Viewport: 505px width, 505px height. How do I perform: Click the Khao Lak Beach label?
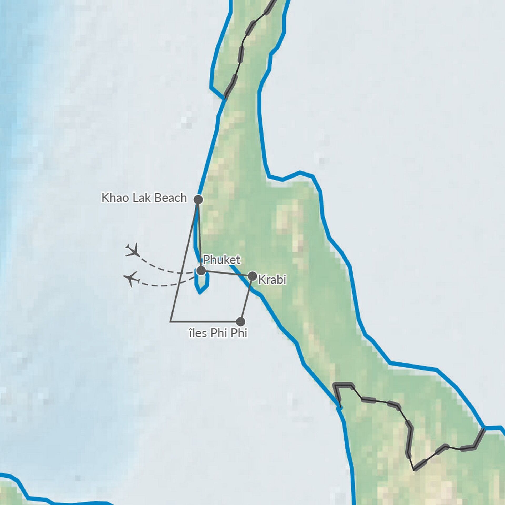tap(144, 198)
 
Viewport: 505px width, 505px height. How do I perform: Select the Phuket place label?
tap(221, 260)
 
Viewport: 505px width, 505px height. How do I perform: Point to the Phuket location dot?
tap(201, 270)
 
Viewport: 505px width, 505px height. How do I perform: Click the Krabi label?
tap(272, 280)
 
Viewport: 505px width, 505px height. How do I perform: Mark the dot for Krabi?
tap(252, 276)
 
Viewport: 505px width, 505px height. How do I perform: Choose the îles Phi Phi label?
tap(218, 333)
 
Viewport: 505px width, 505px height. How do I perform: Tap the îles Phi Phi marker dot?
tap(240, 321)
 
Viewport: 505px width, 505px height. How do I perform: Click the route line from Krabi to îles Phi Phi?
tap(246, 299)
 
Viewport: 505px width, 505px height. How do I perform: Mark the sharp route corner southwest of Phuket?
tap(171, 321)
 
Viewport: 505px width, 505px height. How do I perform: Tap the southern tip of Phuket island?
tap(200, 293)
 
